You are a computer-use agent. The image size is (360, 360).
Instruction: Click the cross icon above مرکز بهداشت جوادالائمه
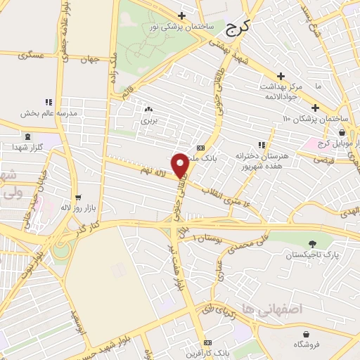pos(281,76)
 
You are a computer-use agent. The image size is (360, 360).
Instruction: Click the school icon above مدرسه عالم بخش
pos(48,102)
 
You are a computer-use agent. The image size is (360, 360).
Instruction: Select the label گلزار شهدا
pos(27,146)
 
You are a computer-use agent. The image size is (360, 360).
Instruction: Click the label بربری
pos(148,120)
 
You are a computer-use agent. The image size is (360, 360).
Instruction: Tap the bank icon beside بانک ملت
pos(200,148)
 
